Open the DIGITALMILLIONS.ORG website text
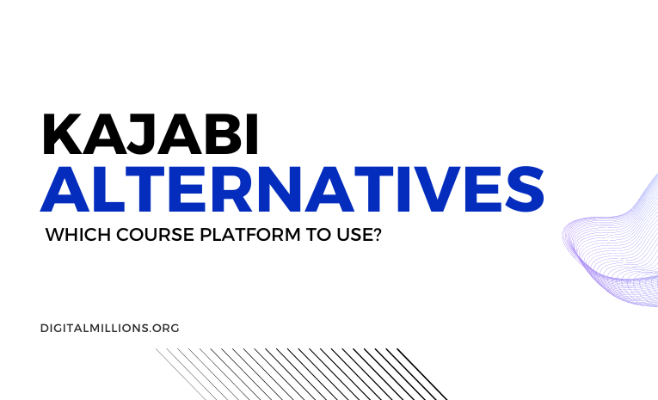point(109,328)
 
